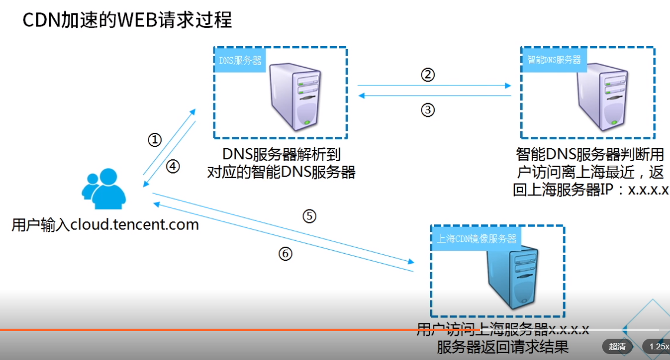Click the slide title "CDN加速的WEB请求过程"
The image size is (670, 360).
click(127, 21)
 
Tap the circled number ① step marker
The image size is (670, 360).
click(154, 140)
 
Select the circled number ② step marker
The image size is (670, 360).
click(428, 75)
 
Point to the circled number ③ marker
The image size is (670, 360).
click(428, 110)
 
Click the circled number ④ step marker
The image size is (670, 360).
click(172, 167)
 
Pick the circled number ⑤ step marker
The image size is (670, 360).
click(310, 216)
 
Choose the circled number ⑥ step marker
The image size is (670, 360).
click(285, 254)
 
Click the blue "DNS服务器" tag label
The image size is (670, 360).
click(240, 60)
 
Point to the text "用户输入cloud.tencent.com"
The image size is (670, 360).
click(105, 225)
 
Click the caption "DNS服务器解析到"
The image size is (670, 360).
click(281, 155)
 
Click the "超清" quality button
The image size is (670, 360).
click(617, 346)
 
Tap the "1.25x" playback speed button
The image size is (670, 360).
click(657, 346)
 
